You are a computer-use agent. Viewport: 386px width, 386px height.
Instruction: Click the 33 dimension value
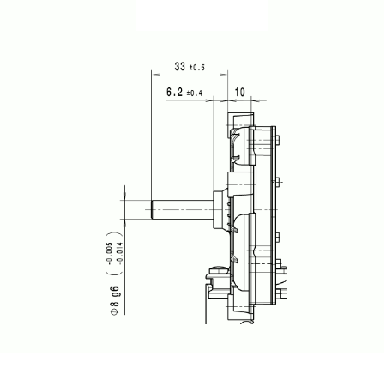[x=180, y=66]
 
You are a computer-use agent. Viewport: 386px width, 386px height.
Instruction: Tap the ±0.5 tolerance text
[x=197, y=68]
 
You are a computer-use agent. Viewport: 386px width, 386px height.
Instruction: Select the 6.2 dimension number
[x=174, y=92]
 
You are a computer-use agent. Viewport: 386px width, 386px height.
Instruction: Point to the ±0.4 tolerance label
[x=194, y=93]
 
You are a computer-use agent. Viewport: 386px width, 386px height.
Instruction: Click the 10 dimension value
[x=239, y=92]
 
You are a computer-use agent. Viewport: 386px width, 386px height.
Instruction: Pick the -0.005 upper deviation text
[x=109, y=252]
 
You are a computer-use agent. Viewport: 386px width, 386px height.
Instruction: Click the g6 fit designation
[x=115, y=292]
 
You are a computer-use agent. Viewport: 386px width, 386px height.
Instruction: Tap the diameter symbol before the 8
[x=114, y=312]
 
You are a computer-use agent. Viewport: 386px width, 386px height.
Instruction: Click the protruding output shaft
[x=183, y=210]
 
